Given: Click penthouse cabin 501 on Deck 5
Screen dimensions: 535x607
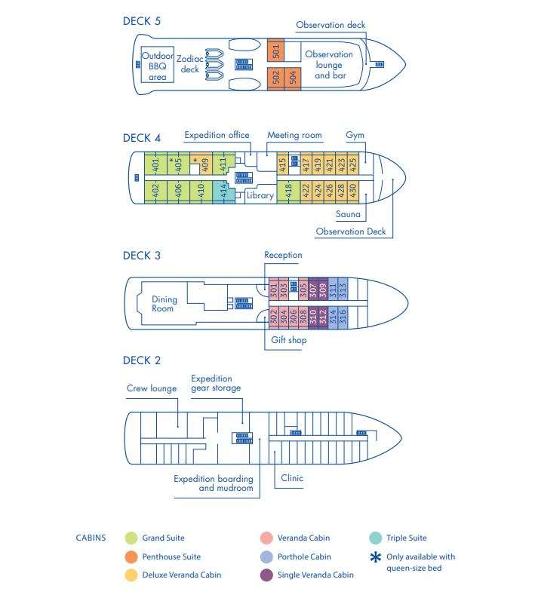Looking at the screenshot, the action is [x=276, y=50].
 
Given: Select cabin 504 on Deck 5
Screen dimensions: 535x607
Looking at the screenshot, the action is [x=293, y=78].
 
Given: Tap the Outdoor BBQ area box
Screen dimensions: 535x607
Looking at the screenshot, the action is [x=157, y=65].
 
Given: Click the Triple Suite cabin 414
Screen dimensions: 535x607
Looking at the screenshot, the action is [x=223, y=192].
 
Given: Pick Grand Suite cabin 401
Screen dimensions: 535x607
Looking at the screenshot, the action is [x=155, y=164].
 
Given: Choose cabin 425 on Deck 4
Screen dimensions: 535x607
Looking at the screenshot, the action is [x=353, y=164].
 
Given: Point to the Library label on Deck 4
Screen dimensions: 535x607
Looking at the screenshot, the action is [x=260, y=195].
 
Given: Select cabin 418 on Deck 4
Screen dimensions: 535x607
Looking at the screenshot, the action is [x=288, y=192].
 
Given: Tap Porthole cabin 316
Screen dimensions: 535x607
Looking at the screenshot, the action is [x=343, y=317].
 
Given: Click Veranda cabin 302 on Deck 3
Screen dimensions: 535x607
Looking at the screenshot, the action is [x=273, y=317].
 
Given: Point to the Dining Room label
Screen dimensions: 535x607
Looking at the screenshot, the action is [x=164, y=304].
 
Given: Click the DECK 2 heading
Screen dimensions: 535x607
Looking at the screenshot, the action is [x=141, y=360].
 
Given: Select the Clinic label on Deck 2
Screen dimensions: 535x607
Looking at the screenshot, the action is [x=292, y=478].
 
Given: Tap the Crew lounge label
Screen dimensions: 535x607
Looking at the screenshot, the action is [x=152, y=388].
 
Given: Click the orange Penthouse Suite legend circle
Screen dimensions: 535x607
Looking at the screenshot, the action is [x=131, y=556].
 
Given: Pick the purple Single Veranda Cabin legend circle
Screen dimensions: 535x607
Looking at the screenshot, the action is [x=266, y=575].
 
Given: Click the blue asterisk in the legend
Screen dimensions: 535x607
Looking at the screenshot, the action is [x=375, y=557].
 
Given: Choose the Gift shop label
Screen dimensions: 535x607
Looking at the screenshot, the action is [x=288, y=340].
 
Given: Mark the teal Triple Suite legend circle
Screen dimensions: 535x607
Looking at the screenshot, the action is [x=375, y=538].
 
